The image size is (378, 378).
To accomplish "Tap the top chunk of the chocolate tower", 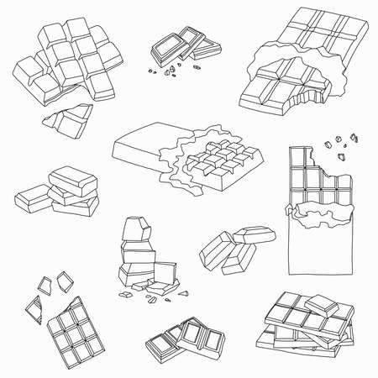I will [134, 228].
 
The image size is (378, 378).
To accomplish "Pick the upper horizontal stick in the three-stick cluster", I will [253, 235].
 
